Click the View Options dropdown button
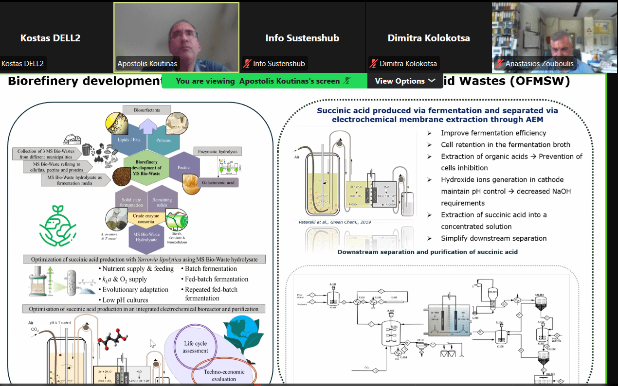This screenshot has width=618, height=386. pos(405,81)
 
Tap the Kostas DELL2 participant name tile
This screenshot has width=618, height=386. pos(50,38)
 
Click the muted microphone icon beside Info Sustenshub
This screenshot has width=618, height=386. pos(247,64)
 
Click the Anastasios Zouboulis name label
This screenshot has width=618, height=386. pos(539,64)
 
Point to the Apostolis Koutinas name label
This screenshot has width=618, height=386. pos(147,64)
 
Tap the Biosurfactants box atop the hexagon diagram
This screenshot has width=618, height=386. pos(146,110)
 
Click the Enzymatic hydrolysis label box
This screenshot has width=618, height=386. pos(217,152)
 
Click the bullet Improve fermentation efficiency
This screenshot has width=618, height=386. pos(493,133)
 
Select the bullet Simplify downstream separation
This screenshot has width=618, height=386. pos(493,238)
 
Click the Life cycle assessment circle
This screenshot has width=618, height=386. pos(195,347)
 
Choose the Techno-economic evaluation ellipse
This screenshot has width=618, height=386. pos(224,375)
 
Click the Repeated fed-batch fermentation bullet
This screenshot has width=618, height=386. pos(211,294)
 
